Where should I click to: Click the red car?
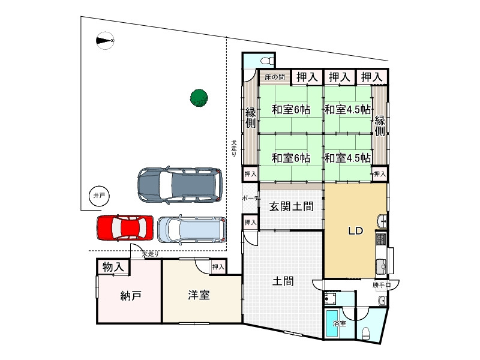(x=125, y=228)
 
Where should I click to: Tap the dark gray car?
(x=180, y=185)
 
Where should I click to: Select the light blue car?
(x=192, y=230)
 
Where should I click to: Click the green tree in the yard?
(x=199, y=98)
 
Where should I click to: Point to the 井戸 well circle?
(x=99, y=196)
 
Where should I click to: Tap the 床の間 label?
(x=275, y=77)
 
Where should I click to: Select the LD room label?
(x=356, y=230)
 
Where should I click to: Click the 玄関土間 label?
(x=292, y=206)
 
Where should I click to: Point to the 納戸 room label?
(x=131, y=296)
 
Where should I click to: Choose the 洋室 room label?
(x=199, y=295)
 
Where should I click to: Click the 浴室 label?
(x=340, y=323)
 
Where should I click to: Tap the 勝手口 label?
(x=382, y=285)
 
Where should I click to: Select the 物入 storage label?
(x=113, y=267)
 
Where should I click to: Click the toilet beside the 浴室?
(x=366, y=333)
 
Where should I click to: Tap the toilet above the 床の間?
(x=268, y=61)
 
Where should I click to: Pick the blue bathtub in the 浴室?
(x=332, y=323)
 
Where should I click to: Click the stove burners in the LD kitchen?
(x=381, y=239)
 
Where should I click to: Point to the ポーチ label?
(x=251, y=199)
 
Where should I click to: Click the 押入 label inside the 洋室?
(x=218, y=267)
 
